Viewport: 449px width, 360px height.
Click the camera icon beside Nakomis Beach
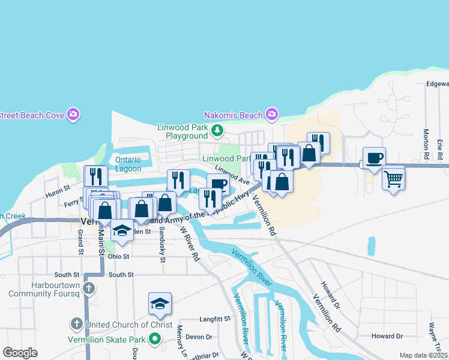272,114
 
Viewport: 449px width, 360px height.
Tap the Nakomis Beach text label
233,115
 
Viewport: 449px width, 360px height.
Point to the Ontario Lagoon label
128,164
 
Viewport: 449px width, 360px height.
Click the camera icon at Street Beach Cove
73,114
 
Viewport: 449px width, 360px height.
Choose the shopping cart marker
393,178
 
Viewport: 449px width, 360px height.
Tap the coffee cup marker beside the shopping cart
374,158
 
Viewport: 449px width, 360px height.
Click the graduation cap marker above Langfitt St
160,304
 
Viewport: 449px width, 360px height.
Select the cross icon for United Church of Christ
76,325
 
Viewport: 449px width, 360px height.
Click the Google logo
20,353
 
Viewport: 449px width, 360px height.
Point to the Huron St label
58,195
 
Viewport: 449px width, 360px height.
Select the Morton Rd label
426,144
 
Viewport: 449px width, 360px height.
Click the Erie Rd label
440,148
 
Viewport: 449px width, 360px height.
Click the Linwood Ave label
232,176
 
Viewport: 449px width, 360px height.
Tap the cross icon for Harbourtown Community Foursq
88,289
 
